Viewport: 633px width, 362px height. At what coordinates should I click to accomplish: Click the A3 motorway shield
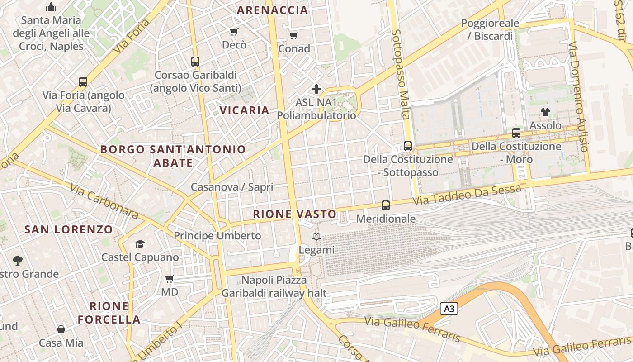pos(449,309)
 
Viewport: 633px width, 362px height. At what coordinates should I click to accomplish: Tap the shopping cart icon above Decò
pos(234,32)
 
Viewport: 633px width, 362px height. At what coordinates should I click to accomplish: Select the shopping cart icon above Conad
pos(293,35)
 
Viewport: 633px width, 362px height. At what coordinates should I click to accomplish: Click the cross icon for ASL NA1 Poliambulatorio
pos(316,89)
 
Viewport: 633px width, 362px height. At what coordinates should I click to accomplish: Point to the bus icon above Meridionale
pos(386,205)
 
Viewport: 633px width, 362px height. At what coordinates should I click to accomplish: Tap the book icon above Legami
pos(316,236)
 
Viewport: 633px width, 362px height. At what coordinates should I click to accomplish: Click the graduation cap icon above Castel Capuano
pos(140,244)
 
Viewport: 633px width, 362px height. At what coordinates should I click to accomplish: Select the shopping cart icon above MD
pos(170,279)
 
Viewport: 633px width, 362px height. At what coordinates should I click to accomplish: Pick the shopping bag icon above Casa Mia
pos(61,329)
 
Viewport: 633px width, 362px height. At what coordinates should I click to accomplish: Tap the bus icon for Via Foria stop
pos(83,82)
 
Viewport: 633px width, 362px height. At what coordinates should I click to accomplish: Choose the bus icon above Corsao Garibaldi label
pos(195,62)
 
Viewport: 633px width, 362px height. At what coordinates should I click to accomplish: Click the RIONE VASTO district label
pos(295,214)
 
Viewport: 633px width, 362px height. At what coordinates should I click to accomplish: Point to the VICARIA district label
pos(244,110)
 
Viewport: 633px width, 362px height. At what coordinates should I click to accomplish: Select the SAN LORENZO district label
pos(68,229)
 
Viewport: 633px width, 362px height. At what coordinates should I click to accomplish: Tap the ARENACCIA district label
pos(272,10)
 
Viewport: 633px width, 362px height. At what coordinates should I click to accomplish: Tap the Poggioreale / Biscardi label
pos(493,29)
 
